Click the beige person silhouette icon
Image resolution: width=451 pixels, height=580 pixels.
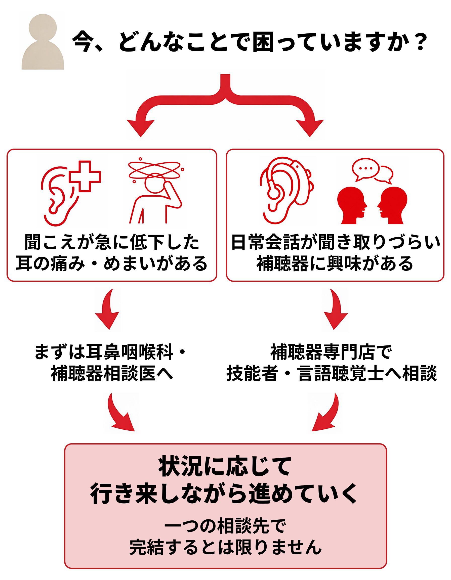pos(43,42)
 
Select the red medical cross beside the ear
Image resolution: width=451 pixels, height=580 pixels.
pos(85,176)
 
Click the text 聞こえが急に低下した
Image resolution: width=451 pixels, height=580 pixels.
pos(112,242)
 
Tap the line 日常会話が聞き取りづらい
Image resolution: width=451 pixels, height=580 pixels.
pos(335,242)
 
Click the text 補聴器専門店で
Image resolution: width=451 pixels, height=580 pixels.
pos(331,352)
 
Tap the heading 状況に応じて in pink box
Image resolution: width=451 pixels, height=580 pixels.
pos(225,467)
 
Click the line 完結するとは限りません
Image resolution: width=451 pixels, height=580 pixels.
pos(225,547)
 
